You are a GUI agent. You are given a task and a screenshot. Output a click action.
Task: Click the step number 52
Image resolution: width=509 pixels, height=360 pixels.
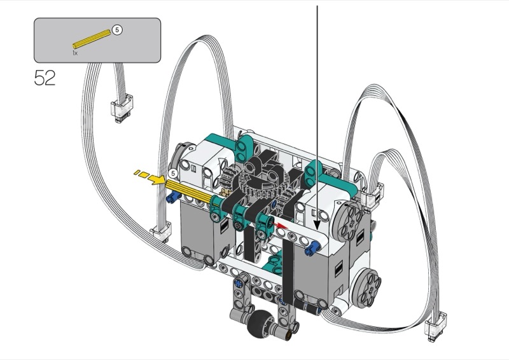tap(45, 78)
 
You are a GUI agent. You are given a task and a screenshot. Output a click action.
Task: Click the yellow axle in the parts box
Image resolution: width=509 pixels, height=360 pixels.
tap(92, 39)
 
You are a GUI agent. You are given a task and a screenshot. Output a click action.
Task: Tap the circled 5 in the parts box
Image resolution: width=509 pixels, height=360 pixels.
tap(117, 30)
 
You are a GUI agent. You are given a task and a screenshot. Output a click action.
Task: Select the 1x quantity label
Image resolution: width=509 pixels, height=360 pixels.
tap(75, 53)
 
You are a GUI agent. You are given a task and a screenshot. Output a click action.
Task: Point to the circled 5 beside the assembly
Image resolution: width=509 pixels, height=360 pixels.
tap(173, 174)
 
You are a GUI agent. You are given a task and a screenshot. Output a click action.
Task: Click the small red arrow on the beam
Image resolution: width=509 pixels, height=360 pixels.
tap(281, 226)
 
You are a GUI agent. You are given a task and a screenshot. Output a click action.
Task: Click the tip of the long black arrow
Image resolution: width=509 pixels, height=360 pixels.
tap(317, 230)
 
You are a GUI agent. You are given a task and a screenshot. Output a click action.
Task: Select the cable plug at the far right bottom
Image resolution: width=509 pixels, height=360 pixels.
tap(436, 327)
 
